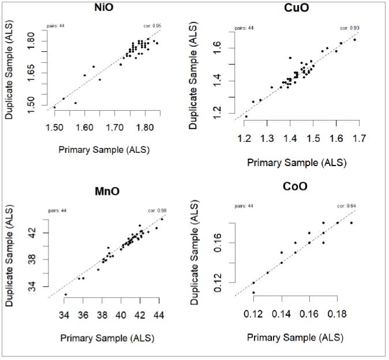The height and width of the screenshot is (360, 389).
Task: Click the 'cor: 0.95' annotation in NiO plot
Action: point(152,26)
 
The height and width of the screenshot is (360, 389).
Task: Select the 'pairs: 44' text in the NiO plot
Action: point(55,26)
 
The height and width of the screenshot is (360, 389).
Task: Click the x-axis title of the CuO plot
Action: point(297,163)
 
